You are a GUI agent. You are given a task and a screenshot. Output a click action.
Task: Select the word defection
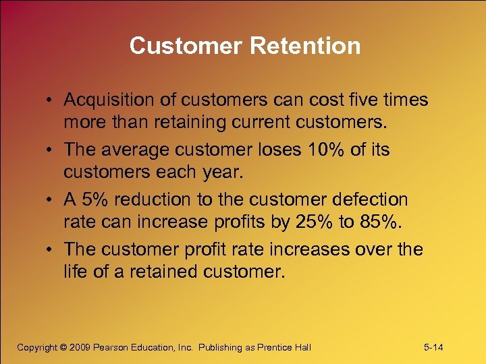coord(370,200)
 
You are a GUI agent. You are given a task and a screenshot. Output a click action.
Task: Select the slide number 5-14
coord(433,347)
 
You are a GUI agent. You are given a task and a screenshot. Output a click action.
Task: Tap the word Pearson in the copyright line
coord(115,347)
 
